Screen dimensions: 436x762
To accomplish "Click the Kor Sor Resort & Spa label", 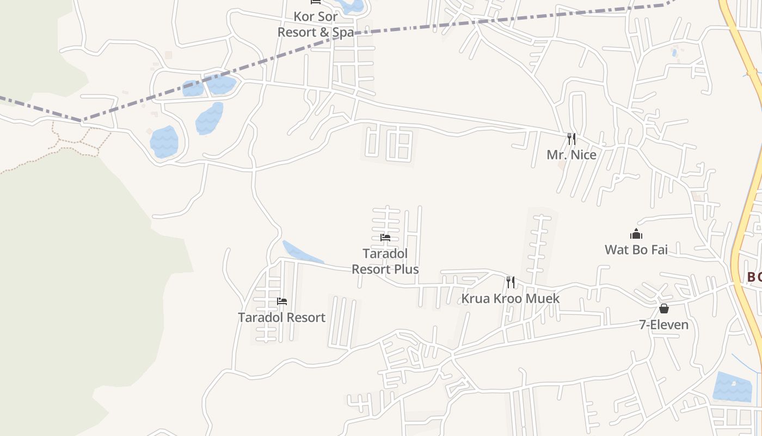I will pyautogui.click(x=316, y=25).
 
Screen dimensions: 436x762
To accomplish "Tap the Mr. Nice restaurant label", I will pyautogui.click(x=571, y=155).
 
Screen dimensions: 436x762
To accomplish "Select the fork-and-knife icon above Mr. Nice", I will pyautogui.click(x=571, y=139).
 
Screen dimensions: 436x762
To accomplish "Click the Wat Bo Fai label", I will pyautogui.click(x=636, y=250).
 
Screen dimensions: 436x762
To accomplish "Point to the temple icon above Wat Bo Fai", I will pyautogui.click(x=636, y=234).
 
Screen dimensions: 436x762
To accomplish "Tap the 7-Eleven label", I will pyautogui.click(x=663, y=325).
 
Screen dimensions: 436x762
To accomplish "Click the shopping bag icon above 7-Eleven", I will pyautogui.click(x=664, y=308).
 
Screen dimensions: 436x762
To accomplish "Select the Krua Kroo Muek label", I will pyautogui.click(x=510, y=298).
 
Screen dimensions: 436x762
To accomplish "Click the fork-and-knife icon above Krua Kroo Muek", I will pyautogui.click(x=510, y=282).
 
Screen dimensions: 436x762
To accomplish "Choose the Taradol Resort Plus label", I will pyautogui.click(x=385, y=262).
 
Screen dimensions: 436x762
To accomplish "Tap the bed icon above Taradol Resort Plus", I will pyautogui.click(x=385, y=238).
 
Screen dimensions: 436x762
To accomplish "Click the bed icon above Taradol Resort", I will pyautogui.click(x=282, y=301).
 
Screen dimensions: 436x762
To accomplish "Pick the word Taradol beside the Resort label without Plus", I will pyautogui.click(x=259, y=317).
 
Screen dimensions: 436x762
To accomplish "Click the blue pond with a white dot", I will pyautogui.click(x=732, y=386).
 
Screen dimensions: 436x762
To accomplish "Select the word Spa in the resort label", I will pyautogui.click(x=343, y=32).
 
